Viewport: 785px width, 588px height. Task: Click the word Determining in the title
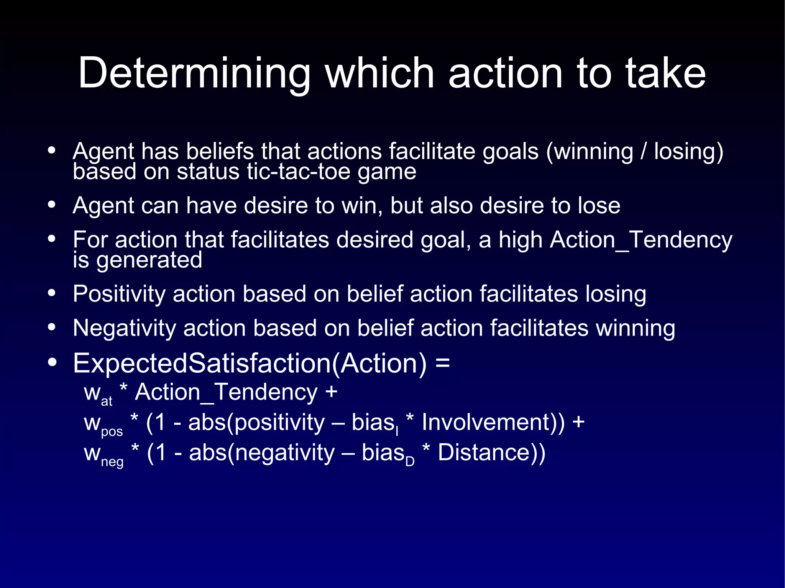pyautogui.click(x=194, y=74)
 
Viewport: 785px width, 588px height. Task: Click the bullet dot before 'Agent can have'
pyautogui.click(x=52, y=205)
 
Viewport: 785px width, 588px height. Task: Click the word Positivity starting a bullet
pyautogui.click(x=119, y=294)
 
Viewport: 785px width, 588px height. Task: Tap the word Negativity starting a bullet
pyautogui.click(x=124, y=329)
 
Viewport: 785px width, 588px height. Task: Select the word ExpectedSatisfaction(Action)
pyautogui.click(x=249, y=363)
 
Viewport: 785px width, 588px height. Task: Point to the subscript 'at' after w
pyautogui.click(x=107, y=401)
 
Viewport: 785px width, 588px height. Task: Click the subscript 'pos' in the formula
pyautogui.click(x=112, y=432)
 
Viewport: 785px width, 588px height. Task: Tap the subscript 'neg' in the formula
pyautogui.click(x=112, y=462)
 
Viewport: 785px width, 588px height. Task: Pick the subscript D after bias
pyautogui.click(x=410, y=462)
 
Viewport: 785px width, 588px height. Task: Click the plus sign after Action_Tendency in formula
pyautogui.click(x=331, y=392)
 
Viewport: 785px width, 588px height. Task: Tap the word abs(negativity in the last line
pyautogui.click(x=262, y=453)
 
